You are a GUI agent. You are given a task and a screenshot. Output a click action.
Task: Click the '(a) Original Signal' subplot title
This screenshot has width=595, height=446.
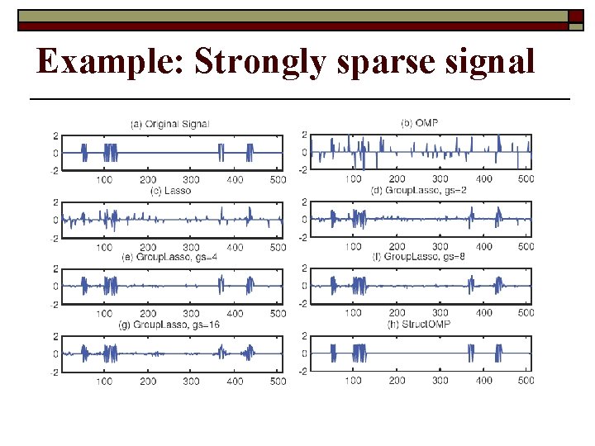(x=170, y=124)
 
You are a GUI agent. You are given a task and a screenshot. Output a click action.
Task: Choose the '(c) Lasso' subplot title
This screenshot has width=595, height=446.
(x=171, y=190)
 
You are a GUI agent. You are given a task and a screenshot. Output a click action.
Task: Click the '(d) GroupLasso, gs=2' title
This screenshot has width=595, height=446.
(x=419, y=190)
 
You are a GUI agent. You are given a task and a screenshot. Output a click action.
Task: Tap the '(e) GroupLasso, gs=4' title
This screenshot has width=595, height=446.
(x=170, y=257)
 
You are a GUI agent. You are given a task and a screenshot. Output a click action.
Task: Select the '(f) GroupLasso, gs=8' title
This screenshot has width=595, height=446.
(x=419, y=257)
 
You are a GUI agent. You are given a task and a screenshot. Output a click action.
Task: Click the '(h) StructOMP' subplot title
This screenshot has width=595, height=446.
(x=419, y=324)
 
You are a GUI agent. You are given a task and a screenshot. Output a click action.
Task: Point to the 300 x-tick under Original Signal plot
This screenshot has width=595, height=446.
(x=192, y=179)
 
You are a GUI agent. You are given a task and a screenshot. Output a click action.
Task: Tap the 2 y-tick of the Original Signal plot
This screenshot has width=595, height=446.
(x=55, y=135)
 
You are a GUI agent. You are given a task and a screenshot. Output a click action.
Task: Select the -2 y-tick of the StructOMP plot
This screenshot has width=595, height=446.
(x=302, y=371)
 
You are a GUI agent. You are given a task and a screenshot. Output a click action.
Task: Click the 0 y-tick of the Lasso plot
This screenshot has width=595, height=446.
(x=55, y=220)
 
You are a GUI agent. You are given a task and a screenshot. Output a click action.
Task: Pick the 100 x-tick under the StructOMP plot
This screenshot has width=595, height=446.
(x=354, y=380)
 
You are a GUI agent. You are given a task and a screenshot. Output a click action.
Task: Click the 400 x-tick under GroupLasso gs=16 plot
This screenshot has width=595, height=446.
(x=236, y=381)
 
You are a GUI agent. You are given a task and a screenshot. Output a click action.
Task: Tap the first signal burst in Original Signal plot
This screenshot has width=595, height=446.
(x=83, y=153)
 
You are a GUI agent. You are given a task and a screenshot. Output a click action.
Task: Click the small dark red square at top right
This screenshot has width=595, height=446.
(x=575, y=16)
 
